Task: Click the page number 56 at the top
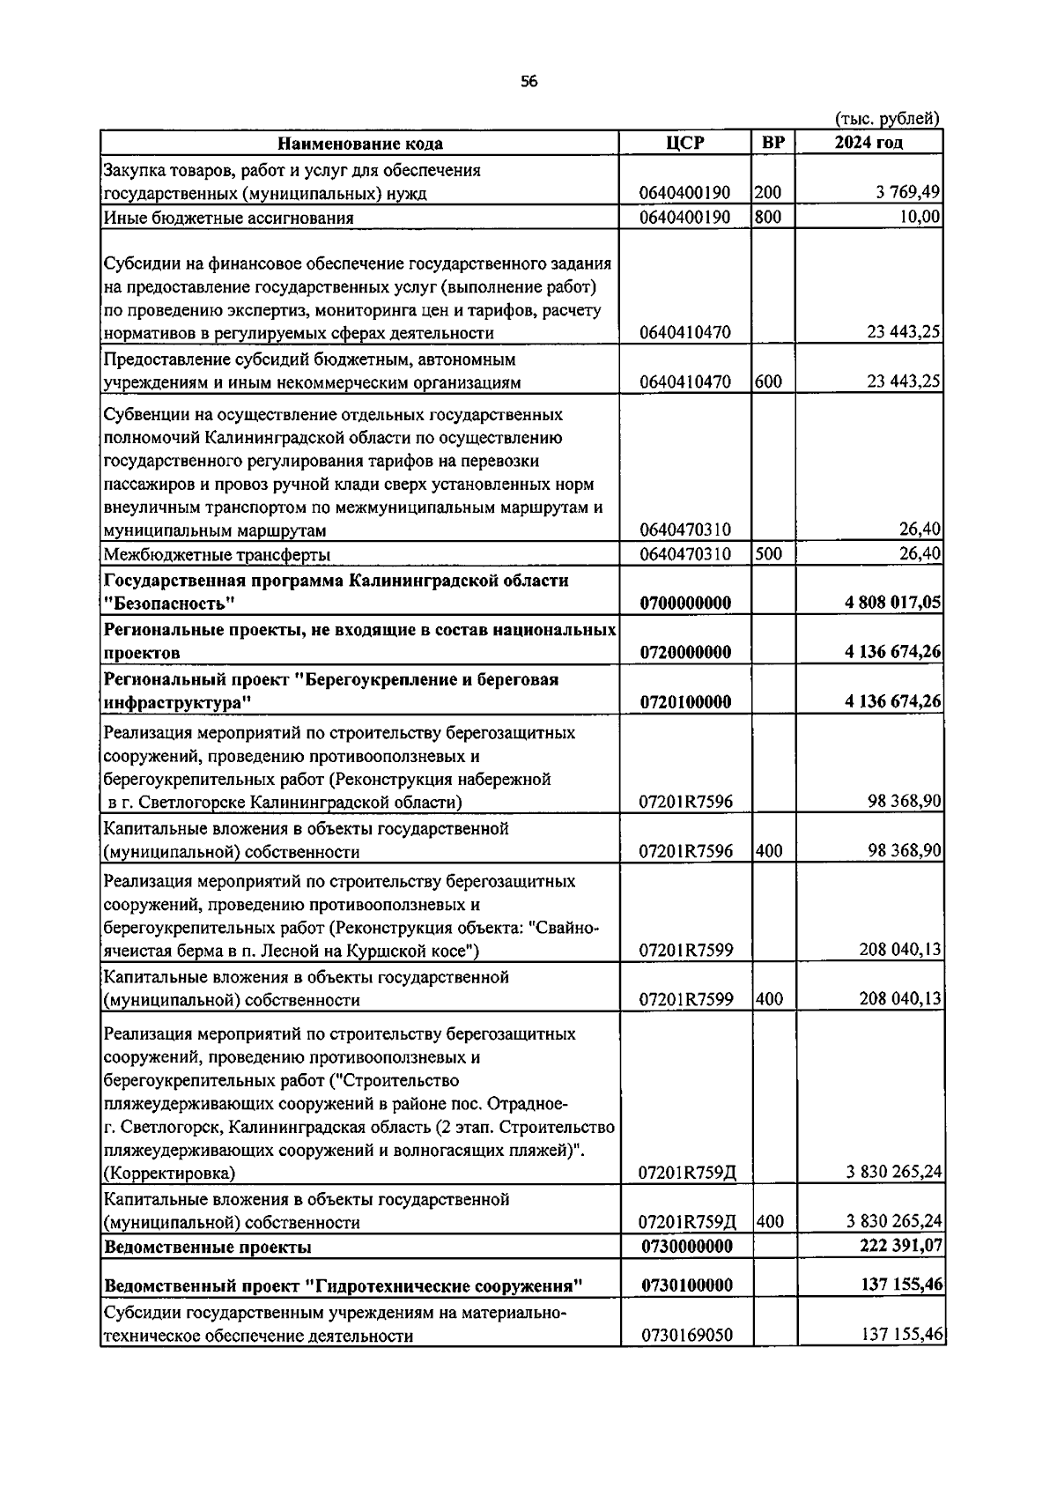[528, 82]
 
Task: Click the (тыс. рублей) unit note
[886, 119]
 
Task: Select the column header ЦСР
[685, 143]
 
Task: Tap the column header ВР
[773, 143]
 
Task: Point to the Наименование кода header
[360, 144]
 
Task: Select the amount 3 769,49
[907, 193]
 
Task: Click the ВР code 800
[768, 217]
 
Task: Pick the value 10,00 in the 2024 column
[920, 217]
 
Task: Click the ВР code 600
[768, 381]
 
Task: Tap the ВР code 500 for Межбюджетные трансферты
[768, 554]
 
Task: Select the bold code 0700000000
[685, 604]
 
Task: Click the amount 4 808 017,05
[892, 604]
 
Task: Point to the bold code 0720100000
[685, 702]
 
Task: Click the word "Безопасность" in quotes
[169, 604]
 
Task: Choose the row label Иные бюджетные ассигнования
[228, 218]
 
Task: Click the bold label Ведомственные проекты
[207, 1247]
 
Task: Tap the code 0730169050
[685, 1336]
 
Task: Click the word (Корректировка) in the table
[169, 1173]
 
